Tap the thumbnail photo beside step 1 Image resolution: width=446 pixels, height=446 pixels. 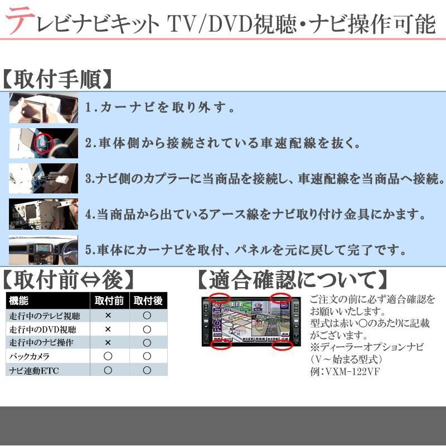[43, 108]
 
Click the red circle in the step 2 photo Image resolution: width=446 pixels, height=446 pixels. [42, 143]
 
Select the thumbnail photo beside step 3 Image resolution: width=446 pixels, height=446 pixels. [43, 178]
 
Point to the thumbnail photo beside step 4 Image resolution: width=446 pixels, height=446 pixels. [43, 214]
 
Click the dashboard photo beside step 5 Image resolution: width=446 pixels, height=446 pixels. [43, 249]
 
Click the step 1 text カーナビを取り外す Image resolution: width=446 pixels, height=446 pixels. [162, 108]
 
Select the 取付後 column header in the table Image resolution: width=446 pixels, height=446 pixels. [147, 301]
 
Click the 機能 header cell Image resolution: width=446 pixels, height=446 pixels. [19, 301]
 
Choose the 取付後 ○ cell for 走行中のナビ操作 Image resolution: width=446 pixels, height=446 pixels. [147, 342]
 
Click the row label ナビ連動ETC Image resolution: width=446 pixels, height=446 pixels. [33, 370]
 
